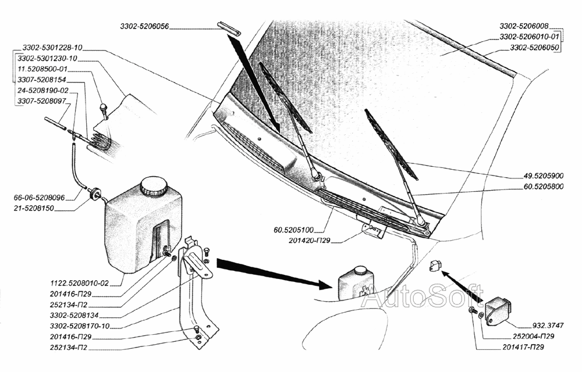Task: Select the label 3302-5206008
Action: pos(524,27)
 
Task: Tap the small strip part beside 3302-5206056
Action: pos(228,28)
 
